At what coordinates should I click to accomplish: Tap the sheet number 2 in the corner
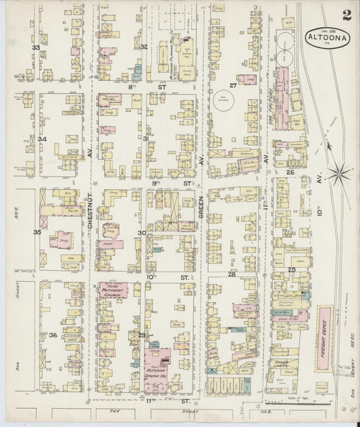346,15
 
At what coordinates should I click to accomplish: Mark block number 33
36,47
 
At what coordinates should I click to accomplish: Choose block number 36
53,335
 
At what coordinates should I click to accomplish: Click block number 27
233,85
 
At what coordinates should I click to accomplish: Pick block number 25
292,270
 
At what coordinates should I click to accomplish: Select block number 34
42,139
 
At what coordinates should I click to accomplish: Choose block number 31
146,138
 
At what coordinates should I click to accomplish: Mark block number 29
142,335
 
